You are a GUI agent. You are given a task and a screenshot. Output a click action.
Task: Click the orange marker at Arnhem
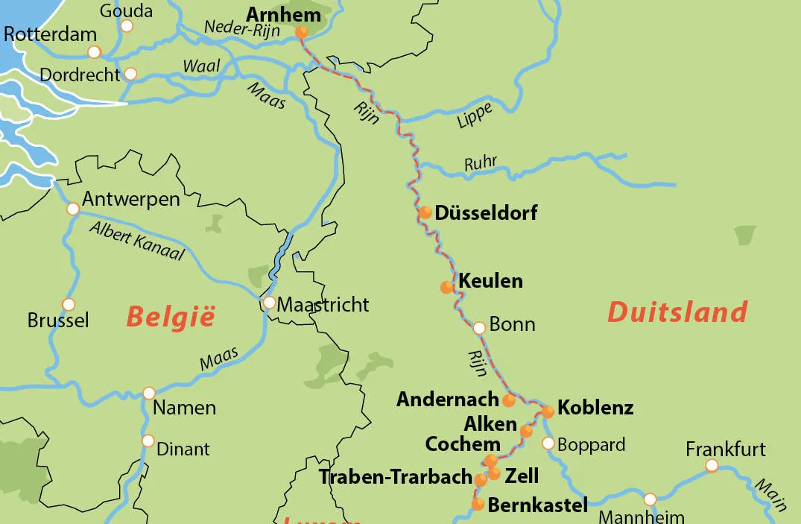[301, 32]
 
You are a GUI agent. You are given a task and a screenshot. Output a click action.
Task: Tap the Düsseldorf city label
[486, 213]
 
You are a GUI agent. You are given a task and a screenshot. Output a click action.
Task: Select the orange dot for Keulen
[447, 287]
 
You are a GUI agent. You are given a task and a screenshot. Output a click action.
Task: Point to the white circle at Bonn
[479, 327]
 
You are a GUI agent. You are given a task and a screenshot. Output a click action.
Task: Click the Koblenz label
[595, 408]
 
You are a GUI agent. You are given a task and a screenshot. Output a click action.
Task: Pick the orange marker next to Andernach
[509, 400]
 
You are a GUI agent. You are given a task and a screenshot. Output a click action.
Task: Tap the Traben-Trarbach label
[395, 477]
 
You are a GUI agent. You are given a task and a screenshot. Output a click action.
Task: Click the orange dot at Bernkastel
[478, 505]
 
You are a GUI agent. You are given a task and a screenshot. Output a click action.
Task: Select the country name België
[170, 316]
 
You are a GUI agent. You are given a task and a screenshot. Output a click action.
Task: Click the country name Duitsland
[677, 311]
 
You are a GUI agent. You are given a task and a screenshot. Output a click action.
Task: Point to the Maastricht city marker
[269, 303]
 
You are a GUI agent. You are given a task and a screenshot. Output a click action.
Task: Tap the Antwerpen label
[130, 199]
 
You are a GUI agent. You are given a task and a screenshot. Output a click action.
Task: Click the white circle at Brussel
[69, 304]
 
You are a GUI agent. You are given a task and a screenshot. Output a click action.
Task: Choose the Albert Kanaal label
[136, 240]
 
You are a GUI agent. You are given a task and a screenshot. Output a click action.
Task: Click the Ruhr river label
[480, 162]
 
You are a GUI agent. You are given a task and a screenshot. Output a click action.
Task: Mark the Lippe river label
[475, 116]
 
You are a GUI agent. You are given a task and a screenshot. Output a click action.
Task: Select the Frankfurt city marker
[712, 466]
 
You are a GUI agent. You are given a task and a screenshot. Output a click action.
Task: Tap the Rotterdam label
[51, 34]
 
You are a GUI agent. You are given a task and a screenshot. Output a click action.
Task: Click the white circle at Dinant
[148, 441]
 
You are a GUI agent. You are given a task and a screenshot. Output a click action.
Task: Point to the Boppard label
[591, 445]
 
